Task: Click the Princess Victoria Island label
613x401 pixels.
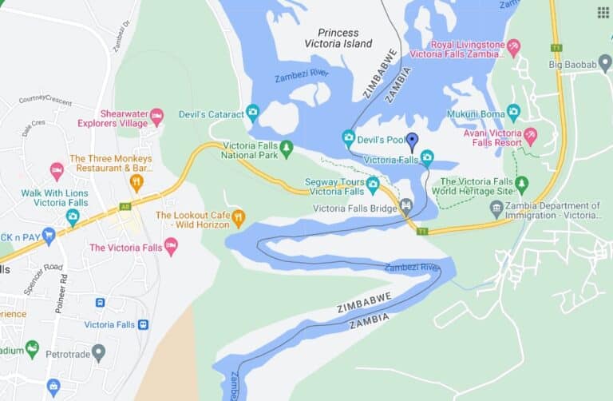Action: coord(345,38)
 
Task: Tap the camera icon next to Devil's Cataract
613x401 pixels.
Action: coord(253,112)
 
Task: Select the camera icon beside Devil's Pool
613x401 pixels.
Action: coord(349,137)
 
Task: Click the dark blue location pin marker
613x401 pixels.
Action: coord(412,141)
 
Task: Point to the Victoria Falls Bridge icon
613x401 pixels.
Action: coord(406,206)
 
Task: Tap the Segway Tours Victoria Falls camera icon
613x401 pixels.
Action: coord(373,185)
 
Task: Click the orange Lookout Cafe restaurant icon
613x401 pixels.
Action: coord(237,216)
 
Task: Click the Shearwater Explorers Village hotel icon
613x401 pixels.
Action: coord(156,117)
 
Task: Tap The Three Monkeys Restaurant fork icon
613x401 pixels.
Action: coord(136,183)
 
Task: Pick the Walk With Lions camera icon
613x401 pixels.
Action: coord(73,216)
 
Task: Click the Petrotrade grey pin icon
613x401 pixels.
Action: coord(98,351)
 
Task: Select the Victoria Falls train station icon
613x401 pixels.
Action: coord(143,324)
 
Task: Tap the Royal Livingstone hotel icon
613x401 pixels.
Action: coord(513,47)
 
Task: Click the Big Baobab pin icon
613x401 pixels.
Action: coord(605,62)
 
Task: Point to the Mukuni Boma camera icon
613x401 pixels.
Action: coord(513,112)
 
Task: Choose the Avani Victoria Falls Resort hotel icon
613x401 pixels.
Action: coord(529,135)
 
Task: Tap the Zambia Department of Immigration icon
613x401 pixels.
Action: coord(496,208)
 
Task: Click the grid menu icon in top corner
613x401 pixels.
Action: coord(603,12)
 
